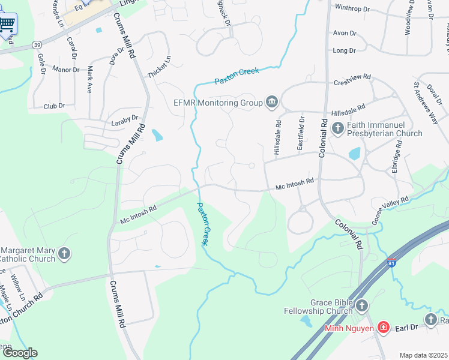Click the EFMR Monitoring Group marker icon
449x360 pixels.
pyautogui.click(x=271, y=103)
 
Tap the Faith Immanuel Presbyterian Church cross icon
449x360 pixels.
pyautogui.click(x=337, y=128)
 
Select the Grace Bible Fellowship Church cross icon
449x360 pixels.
pyautogui.click(x=361, y=307)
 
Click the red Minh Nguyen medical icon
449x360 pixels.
pyautogui.click(x=383, y=328)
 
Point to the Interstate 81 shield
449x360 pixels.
pyautogui.click(x=393, y=264)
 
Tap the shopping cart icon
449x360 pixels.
pyautogui.click(x=7, y=25)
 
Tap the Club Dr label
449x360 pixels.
pyautogui.click(x=54, y=106)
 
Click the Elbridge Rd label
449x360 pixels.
pyautogui.click(x=396, y=157)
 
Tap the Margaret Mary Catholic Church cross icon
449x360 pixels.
pyautogui.click(x=64, y=254)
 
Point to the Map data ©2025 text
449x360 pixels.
pyautogui.click(x=423, y=355)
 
